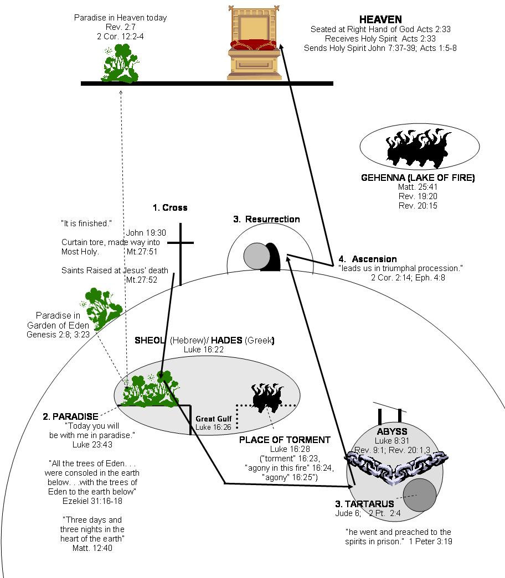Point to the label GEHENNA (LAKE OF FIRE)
418,178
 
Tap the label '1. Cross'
170,208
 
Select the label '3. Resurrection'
266,219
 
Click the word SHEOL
151,340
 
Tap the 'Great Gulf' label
213,419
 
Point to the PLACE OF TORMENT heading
285,440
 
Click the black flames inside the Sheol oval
268,396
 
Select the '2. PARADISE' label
70,416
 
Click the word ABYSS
392,431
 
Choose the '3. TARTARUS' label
364,504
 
